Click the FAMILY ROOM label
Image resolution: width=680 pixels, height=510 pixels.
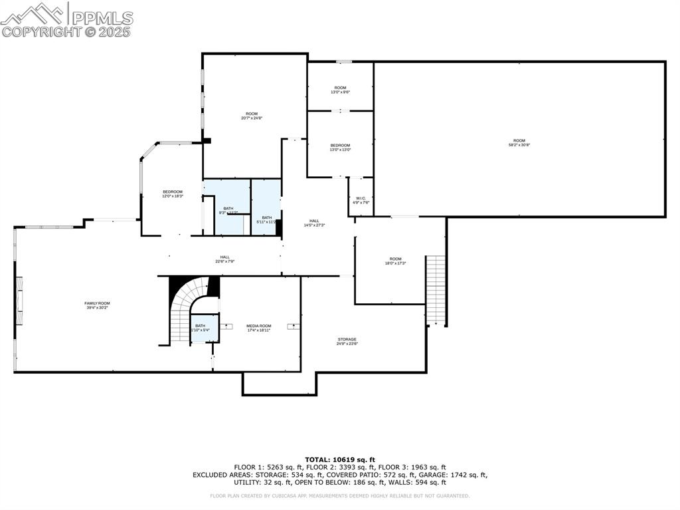pyautogui.click(x=97, y=305)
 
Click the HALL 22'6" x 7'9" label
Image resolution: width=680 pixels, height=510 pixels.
pyautogui.click(x=225, y=259)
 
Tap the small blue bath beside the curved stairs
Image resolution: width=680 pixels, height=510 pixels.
pyautogui.click(x=201, y=328)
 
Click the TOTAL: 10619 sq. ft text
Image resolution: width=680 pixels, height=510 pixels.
pyautogui.click(x=340, y=459)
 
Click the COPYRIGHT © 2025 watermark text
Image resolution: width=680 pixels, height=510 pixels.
pyautogui.click(x=66, y=32)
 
